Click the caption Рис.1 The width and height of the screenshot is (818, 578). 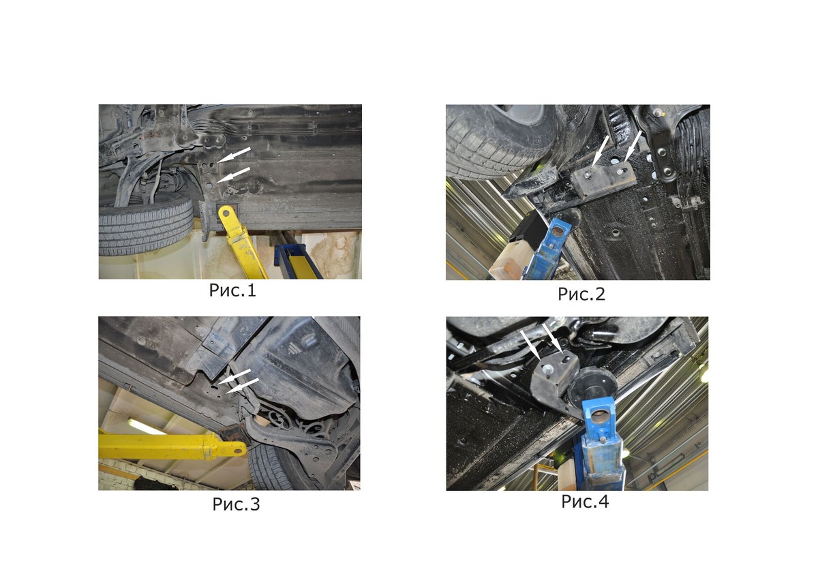coord(232,290)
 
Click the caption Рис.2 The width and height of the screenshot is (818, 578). coord(581,294)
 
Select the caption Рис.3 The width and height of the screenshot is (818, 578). coord(236,504)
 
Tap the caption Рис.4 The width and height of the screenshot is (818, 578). coord(585,502)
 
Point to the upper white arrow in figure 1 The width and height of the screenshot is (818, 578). coord(234,155)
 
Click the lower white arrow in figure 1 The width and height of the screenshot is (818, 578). coord(234,174)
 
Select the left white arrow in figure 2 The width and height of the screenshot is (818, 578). coord(600,151)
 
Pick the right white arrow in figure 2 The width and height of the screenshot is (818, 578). coord(633,147)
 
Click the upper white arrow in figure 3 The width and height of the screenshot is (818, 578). coord(234,376)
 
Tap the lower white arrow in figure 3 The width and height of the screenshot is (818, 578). coord(243,386)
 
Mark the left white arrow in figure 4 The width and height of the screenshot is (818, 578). coord(530,345)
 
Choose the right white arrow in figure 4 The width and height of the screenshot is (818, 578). coord(552,338)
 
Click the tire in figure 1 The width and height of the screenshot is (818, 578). coord(146,226)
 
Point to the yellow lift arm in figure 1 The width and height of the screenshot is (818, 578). coord(242,242)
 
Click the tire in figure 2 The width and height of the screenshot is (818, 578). coord(504,141)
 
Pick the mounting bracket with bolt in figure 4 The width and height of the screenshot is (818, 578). coord(554,379)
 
